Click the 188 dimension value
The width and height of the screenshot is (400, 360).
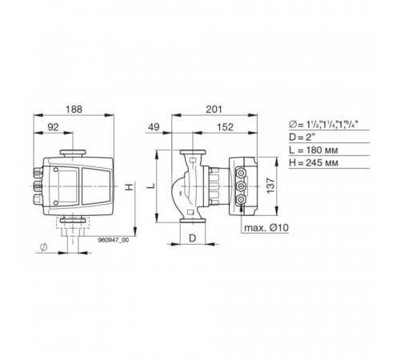click(74, 110)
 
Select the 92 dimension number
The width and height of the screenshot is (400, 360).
click(53, 127)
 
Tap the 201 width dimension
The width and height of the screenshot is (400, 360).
click(214, 110)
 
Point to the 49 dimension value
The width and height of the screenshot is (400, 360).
click(154, 127)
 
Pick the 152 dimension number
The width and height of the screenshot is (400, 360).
click(225, 127)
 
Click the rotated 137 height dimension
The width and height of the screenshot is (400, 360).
click(270, 186)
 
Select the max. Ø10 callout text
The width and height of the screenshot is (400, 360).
click(266, 228)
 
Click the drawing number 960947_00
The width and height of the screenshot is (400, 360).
click(114, 240)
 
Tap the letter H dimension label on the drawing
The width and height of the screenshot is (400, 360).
click(130, 187)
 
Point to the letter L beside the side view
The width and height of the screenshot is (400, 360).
click(151, 186)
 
